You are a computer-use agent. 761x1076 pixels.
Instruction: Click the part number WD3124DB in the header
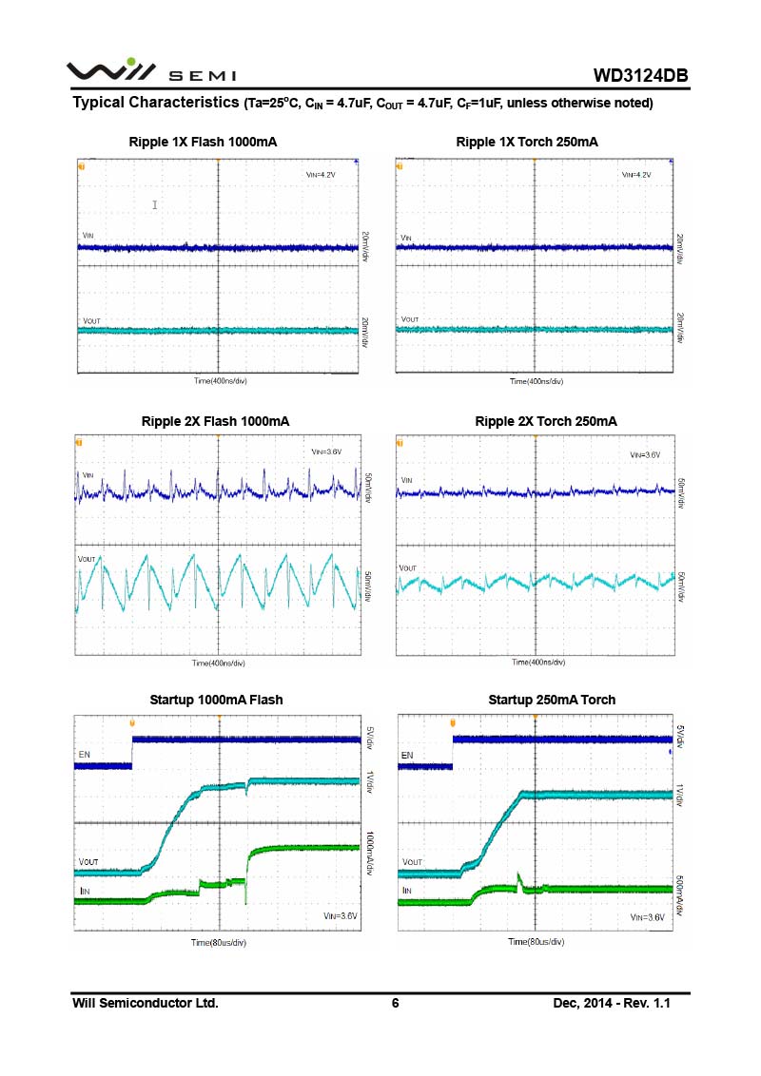click(640, 75)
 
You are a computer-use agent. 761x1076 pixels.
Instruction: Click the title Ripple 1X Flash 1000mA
click(203, 142)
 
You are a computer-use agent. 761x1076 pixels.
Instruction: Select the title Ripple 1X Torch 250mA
click(527, 142)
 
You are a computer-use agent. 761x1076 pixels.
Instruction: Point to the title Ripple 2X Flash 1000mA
click(215, 420)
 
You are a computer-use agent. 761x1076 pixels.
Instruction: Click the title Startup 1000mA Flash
click(216, 700)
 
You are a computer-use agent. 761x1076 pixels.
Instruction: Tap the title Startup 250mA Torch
click(552, 700)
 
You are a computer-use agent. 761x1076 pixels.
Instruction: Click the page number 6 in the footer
click(395, 1003)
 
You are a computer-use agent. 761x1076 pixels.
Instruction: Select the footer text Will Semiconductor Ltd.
click(146, 1003)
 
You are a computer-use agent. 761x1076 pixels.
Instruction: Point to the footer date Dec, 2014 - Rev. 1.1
click(612, 1003)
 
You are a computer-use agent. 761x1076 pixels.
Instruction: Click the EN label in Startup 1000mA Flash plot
click(85, 754)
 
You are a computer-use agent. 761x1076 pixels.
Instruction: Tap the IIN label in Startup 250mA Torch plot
click(406, 891)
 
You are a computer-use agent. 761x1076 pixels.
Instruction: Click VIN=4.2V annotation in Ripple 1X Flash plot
click(320, 175)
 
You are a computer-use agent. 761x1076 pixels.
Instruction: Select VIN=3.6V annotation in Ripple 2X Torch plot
click(645, 455)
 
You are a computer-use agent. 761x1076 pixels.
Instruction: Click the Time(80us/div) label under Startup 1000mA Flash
click(218, 942)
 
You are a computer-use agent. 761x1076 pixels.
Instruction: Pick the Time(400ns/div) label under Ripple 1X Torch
click(537, 381)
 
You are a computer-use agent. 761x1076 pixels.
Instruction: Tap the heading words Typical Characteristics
click(155, 102)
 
